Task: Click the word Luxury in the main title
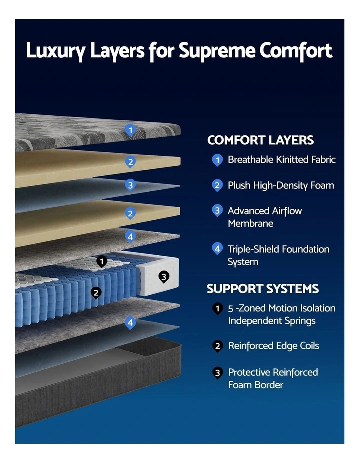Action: pos(56,51)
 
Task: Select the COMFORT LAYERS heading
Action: pos(260,140)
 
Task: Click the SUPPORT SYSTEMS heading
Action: pos(263,289)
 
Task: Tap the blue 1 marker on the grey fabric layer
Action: pos(130,130)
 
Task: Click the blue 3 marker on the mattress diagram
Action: pos(130,185)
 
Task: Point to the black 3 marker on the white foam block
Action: pos(164,277)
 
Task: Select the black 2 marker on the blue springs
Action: pos(96,293)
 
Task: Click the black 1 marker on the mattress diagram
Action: pos(102,262)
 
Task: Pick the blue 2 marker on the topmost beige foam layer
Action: pos(130,162)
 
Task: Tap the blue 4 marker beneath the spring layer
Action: pos(130,323)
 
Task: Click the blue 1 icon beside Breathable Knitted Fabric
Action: pos(217,160)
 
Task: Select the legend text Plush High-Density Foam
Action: pos(281,186)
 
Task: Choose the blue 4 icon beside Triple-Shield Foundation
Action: pos(217,249)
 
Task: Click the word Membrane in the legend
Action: pos(251,223)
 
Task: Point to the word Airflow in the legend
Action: pos(287,211)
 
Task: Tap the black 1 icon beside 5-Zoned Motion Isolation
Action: pos(217,309)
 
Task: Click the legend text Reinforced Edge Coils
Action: pos(274,346)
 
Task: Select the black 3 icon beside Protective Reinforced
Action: pos(217,373)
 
